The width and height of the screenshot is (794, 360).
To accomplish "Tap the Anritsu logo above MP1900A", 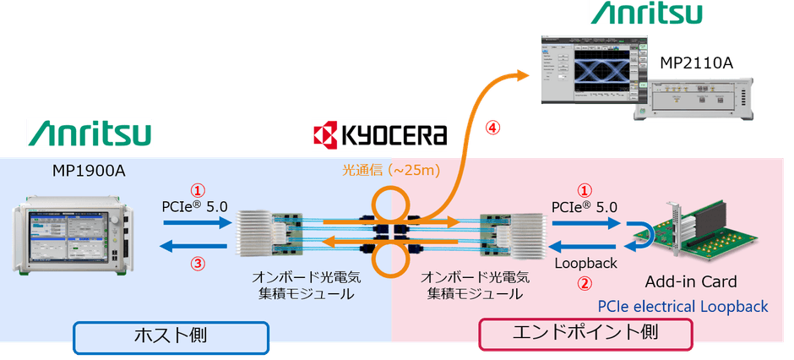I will pyautogui.click(x=89, y=134).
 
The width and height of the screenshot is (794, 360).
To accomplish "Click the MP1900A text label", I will pyautogui.click(x=89, y=172).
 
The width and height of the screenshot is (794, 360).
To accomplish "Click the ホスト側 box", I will pyautogui.click(x=171, y=335).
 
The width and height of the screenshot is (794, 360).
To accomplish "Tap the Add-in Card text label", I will pyautogui.click(x=691, y=281).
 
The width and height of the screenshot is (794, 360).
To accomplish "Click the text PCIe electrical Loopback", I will pyautogui.click(x=683, y=306).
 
